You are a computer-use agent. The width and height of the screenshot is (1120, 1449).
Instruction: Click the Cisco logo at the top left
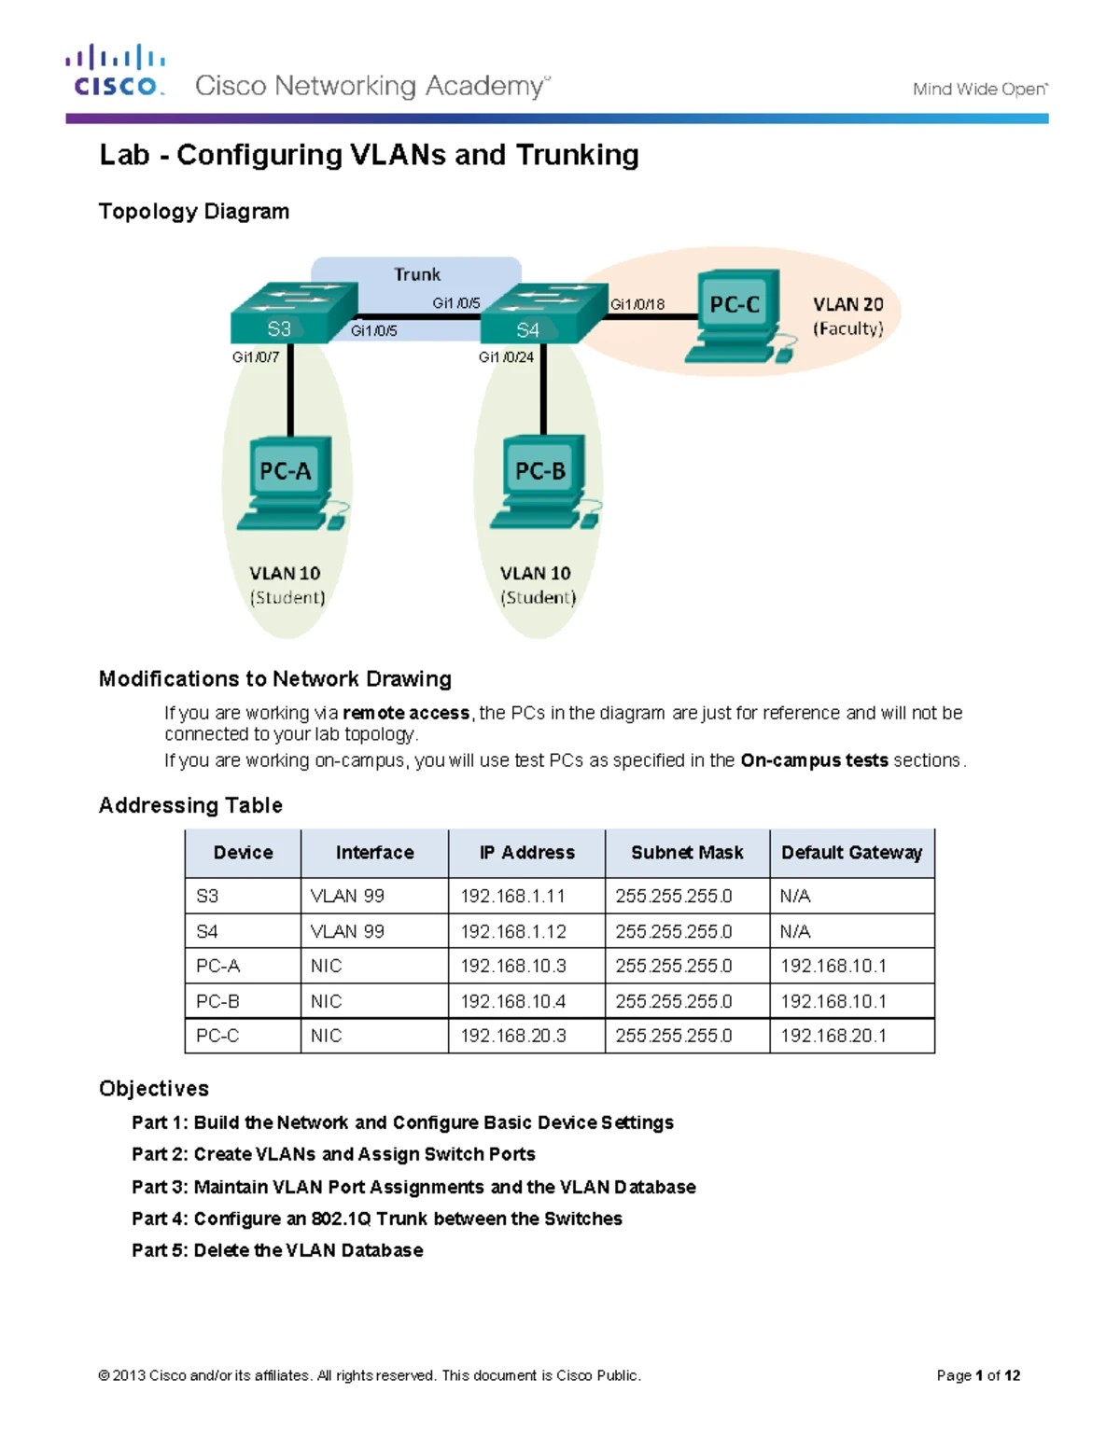(x=116, y=72)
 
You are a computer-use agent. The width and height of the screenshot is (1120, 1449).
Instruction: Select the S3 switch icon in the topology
(x=293, y=313)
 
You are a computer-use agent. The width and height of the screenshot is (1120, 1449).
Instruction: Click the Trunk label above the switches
(x=416, y=274)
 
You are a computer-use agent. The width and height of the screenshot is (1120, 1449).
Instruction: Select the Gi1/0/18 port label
(x=637, y=304)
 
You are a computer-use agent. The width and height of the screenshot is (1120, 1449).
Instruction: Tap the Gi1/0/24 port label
(x=506, y=357)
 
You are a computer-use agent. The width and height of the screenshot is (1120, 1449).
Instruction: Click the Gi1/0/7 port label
(x=256, y=357)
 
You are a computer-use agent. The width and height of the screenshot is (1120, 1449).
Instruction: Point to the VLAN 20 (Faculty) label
(x=847, y=316)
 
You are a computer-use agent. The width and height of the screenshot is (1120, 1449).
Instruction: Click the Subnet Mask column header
(x=687, y=853)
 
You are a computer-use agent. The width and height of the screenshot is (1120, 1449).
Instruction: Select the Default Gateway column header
(x=851, y=853)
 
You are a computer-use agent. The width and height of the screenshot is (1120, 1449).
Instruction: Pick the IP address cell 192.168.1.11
(x=512, y=897)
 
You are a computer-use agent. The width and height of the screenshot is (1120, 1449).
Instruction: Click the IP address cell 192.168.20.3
(x=512, y=1037)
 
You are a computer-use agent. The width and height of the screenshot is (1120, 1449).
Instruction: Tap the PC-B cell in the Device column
(x=217, y=1001)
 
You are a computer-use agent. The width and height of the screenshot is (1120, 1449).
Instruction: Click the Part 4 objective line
(x=376, y=1219)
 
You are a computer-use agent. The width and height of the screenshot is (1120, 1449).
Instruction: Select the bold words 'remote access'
(x=406, y=714)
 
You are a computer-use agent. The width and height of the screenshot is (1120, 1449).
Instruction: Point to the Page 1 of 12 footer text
(x=978, y=1375)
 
